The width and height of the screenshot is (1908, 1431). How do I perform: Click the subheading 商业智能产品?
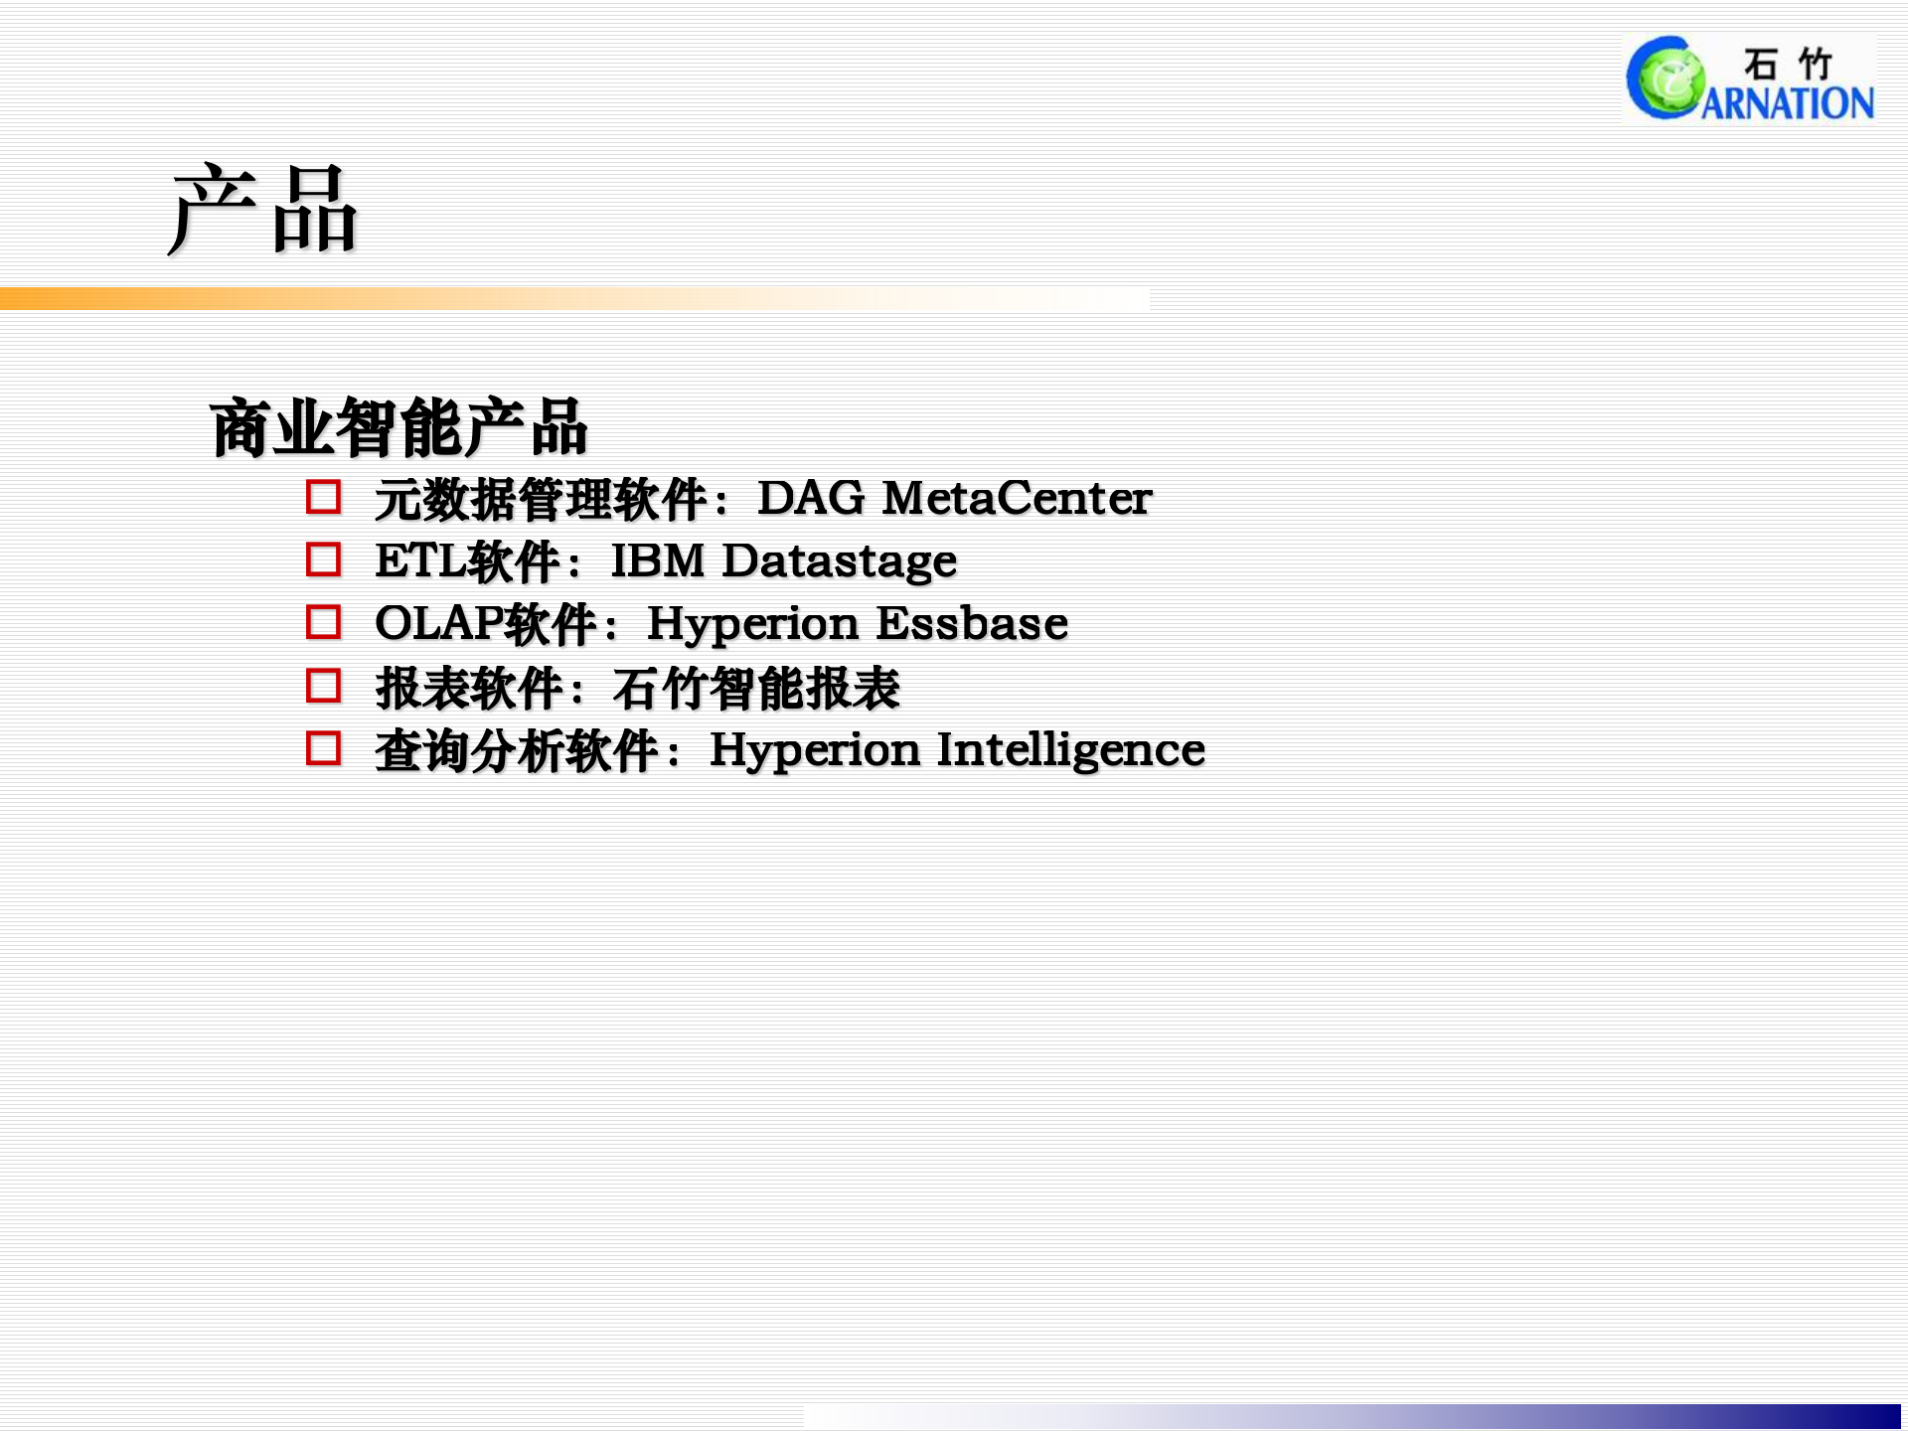[398, 428]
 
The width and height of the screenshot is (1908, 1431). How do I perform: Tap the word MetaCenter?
[1017, 498]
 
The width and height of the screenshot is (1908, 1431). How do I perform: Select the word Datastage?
[839, 561]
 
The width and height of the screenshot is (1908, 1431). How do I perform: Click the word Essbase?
[972, 624]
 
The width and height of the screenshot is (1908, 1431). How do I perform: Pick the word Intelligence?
[1070, 750]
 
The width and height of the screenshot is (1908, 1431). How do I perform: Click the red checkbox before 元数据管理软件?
[323, 497]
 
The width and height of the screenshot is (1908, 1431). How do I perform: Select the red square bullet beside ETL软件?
[323, 559]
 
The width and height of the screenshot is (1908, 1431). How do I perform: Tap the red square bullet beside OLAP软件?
[323, 622]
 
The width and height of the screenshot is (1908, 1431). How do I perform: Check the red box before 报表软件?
[323, 686]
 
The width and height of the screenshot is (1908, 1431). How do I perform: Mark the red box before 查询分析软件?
[323, 748]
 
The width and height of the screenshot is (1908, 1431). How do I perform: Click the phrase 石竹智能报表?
[756, 689]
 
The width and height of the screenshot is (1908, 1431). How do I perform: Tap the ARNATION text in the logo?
[1787, 103]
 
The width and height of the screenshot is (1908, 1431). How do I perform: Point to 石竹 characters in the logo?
[1787, 64]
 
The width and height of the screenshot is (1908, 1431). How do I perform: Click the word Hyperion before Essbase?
[752, 624]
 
